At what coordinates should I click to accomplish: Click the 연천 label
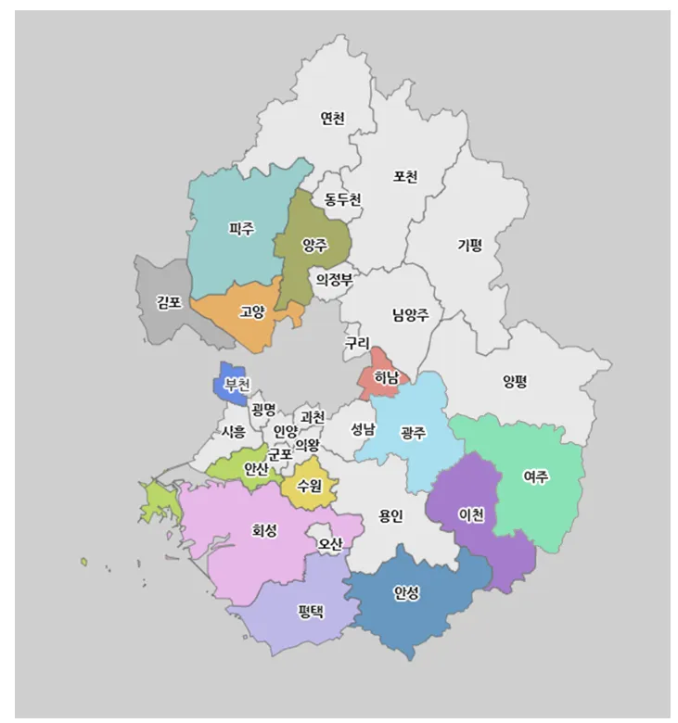[332, 119]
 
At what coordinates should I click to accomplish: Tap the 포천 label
[405, 176]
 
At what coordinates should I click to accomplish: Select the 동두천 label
[342, 199]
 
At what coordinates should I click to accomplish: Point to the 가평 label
[469, 246]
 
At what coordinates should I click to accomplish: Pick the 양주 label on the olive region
[314, 246]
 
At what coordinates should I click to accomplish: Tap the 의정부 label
[334, 279]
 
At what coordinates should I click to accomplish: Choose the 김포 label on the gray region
[169, 302]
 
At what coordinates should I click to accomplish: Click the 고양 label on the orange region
[252, 311]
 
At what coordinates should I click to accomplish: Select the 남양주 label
[410, 314]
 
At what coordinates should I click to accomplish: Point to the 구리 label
[357, 343]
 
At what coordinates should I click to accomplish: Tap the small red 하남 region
[382, 376]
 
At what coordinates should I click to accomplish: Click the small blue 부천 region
[234, 382]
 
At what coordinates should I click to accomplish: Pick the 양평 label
[515, 380]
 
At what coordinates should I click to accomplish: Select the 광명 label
[263, 409]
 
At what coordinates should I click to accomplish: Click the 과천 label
[313, 417]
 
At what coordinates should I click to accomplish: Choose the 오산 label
[330, 542]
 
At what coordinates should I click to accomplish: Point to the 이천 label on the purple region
[471, 515]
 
